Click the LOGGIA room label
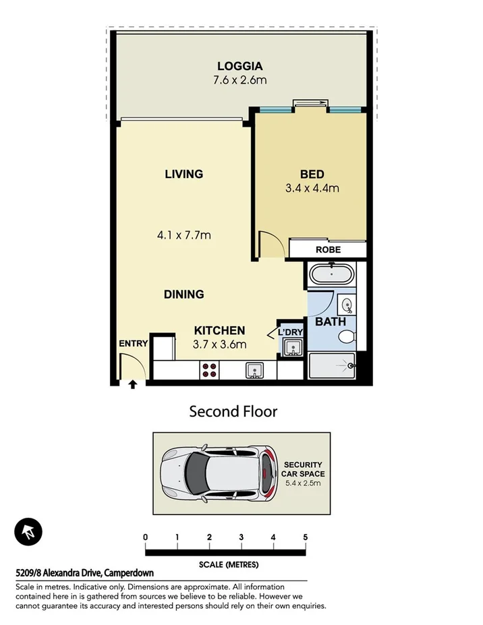239,66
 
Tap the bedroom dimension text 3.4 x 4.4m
312,188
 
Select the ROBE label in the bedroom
328,249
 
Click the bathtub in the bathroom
331,274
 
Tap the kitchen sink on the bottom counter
254,369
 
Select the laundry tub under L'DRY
292,348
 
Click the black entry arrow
132,384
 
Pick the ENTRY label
133,343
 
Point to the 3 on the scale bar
241,537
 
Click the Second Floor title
233,411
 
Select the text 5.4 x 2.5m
303,483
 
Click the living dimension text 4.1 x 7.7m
183,235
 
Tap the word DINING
183,294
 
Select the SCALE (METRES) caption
228,564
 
